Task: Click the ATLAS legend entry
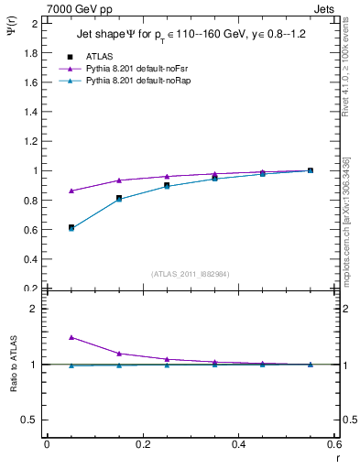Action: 98,56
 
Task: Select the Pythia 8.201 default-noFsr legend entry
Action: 136,69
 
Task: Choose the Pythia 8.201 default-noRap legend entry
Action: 136,82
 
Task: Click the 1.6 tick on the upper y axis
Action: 32,82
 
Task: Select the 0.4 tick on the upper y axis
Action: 32,259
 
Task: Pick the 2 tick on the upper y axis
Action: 36,23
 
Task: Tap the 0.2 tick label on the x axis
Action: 142,444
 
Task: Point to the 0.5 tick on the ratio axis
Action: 32,420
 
